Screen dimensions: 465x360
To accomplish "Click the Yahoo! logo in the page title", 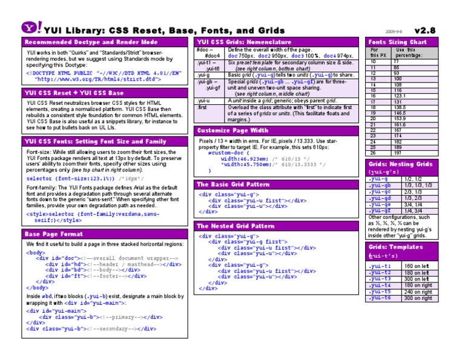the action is coord(32,28).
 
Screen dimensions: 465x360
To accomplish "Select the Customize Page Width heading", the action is coord(233,130).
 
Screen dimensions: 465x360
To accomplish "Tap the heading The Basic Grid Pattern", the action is coord(233,184).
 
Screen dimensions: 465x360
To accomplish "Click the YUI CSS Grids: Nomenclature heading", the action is coord(244,42).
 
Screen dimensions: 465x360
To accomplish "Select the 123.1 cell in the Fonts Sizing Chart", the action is coord(399,96).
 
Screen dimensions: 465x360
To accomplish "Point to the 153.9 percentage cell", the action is coord(399,119).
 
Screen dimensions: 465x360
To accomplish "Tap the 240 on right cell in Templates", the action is coord(418,292).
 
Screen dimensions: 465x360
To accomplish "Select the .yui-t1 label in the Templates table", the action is coord(380,266).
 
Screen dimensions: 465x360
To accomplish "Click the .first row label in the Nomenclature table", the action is coord(202,107).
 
